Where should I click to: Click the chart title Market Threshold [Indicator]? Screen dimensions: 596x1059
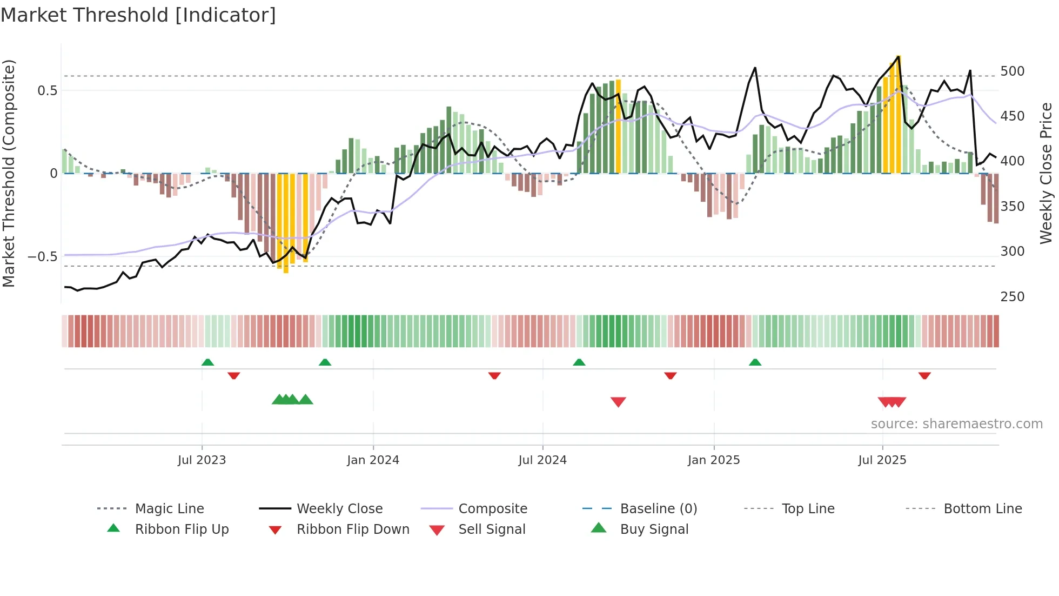138,15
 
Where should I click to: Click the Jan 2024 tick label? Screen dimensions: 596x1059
373,460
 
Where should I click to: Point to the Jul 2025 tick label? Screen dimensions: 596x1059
882,460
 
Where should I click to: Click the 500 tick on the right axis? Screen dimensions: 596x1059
1012,71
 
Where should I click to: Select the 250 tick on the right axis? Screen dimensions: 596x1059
1012,297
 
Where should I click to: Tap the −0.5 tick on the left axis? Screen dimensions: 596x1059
42,257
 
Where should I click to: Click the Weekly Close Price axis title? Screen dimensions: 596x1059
1046,173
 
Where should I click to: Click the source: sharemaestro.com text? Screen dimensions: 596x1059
956,424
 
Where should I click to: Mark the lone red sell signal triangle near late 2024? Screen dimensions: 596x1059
618,402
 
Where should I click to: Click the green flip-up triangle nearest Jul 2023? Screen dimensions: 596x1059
207,362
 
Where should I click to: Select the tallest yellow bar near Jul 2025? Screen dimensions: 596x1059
898,114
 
